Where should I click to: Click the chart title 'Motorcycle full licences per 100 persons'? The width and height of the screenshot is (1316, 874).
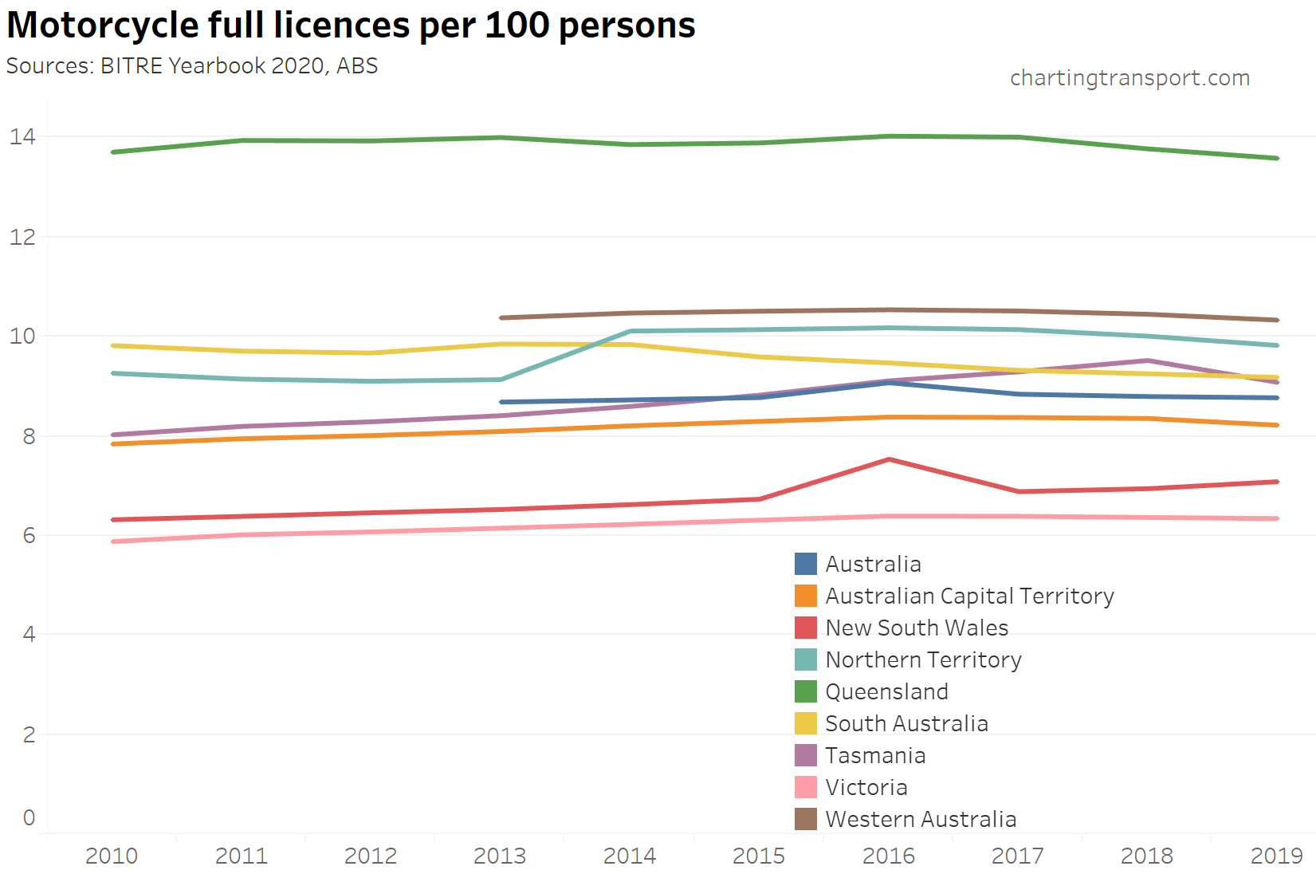tap(351, 26)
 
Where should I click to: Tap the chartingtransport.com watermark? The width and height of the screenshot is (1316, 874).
tap(1129, 78)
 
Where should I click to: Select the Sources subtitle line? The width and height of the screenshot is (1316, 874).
tap(192, 66)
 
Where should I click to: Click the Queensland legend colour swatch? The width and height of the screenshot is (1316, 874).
tap(806, 691)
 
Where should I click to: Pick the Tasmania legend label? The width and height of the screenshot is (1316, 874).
tap(875, 755)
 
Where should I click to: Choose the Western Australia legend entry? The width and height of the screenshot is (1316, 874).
tap(921, 819)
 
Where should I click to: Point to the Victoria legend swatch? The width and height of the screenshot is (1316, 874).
tap(806, 787)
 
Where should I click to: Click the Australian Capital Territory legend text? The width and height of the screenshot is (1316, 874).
tap(969, 596)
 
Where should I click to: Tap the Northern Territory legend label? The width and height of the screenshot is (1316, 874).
tap(923, 659)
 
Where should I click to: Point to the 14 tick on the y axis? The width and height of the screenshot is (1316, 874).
tap(22, 136)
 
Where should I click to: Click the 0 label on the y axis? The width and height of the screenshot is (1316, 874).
tap(29, 817)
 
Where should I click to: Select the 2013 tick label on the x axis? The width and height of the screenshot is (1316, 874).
tap(500, 856)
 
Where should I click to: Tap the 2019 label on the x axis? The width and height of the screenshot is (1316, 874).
tap(1276, 856)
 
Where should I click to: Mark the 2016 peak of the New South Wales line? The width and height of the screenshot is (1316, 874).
tap(889, 459)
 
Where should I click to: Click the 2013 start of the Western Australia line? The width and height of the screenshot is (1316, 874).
tap(501, 317)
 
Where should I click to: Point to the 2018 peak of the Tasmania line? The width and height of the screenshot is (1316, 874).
tap(1148, 360)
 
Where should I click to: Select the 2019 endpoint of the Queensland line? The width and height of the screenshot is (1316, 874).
tap(1277, 158)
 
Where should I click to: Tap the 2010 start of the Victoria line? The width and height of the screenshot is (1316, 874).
tap(113, 541)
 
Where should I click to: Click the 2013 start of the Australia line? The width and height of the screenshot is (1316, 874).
tap(501, 402)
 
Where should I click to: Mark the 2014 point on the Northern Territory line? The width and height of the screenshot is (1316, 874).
tap(631, 331)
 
